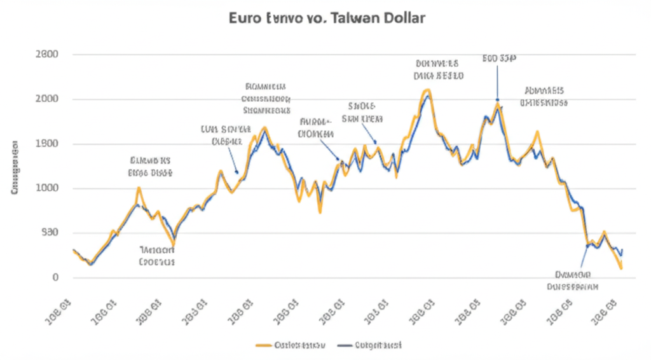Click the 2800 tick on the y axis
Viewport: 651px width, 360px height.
pyautogui.click(x=48, y=54)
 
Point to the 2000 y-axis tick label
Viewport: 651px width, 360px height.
pyautogui.click(x=48, y=99)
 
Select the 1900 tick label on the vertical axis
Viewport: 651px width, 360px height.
pyautogui.click(x=48, y=143)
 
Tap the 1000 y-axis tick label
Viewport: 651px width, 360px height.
pyautogui.click(x=48, y=188)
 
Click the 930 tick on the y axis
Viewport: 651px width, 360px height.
pyautogui.click(x=50, y=233)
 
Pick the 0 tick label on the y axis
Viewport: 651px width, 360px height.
pyautogui.click(x=56, y=277)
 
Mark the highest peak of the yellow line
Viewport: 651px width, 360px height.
pyautogui.click(x=427, y=90)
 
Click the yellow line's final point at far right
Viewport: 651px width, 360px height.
pyautogui.click(x=620, y=268)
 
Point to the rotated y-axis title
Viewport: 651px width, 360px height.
pyautogui.click(x=14, y=167)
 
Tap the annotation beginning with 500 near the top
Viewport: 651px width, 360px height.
pyautogui.click(x=498, y=59)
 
